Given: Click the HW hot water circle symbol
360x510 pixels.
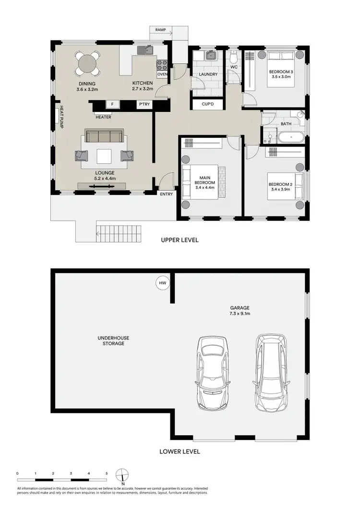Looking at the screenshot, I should [x=162, y=284].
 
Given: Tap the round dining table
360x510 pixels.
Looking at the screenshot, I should [x=87, y=63].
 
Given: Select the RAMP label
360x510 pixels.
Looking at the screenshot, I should [x=160, y=30].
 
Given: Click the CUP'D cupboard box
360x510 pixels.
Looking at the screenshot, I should [x=207, y=104].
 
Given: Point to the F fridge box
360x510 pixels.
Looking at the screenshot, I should [x=112, y=104].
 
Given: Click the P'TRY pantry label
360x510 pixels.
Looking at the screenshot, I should [x=143, y=104].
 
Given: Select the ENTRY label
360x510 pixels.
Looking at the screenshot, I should [x=167, y=194].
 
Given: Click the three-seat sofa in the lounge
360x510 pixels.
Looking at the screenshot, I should [x=104, y=136].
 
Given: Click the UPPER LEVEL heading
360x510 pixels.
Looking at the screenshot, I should [x=180, y=240].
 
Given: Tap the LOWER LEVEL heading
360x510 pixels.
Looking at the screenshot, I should [x=180, y=451].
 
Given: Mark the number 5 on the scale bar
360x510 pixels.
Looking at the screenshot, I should [x=107, y=474].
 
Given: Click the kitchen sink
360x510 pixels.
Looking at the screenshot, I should [x=144, y=49].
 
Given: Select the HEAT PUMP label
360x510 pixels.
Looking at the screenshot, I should [x=61, y=117].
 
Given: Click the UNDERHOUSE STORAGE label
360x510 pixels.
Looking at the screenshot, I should [x=113, y=340].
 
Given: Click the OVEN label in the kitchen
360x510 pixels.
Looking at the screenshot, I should [x=162, y=74].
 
